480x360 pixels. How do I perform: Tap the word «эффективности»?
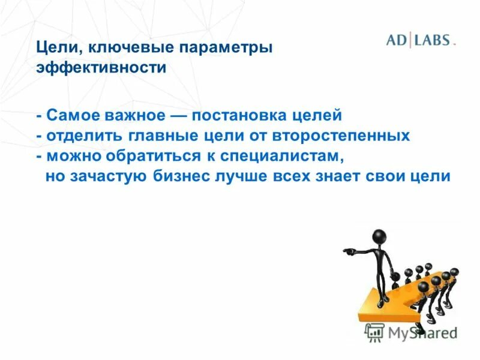tap(101, 67)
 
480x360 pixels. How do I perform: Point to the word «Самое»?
tap(70, 114)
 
